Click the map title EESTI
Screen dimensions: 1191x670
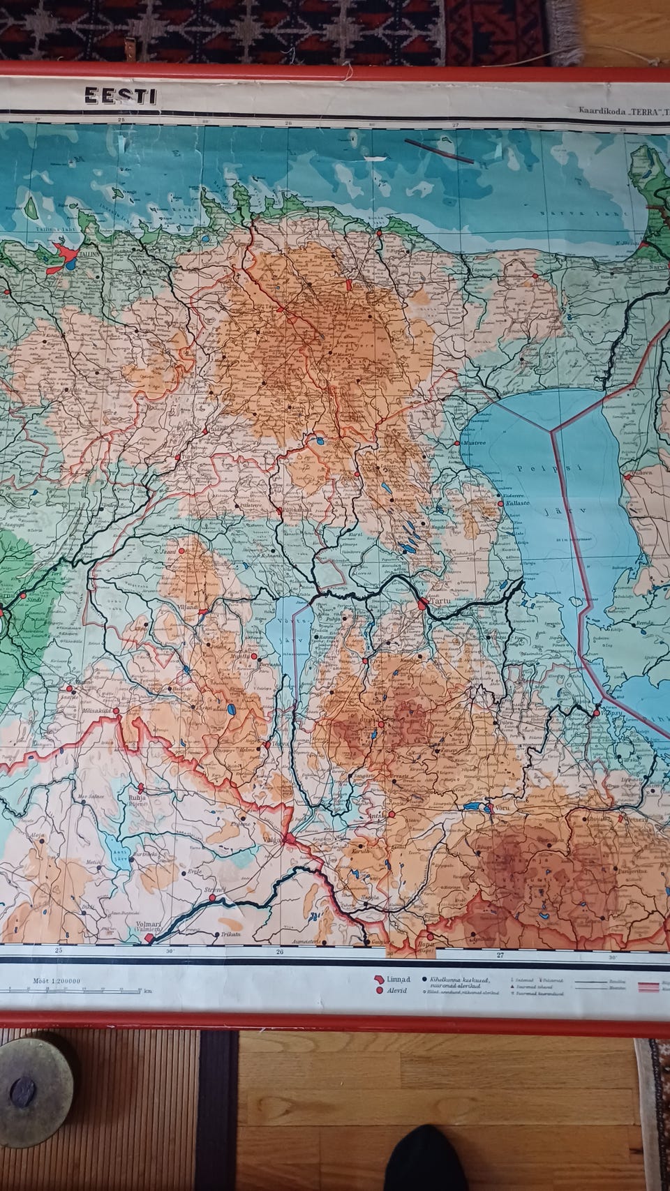120,96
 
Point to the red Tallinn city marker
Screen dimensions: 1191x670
66,250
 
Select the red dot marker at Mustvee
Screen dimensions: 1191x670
457,443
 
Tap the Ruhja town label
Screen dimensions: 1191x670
137,791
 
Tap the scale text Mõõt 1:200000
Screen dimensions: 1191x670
57,980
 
